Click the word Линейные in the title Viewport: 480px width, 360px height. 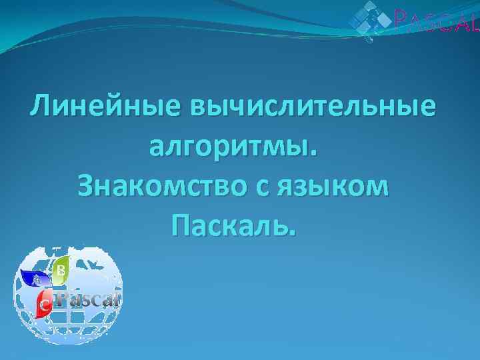pos(106,107)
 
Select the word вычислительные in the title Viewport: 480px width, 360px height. pos(314,107)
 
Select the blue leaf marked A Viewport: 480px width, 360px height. pos(35,279)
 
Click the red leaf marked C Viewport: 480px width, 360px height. pos(45,303)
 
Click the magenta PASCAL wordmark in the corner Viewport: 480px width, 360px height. pos(437,23)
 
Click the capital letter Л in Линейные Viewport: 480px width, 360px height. pos(41,107)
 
